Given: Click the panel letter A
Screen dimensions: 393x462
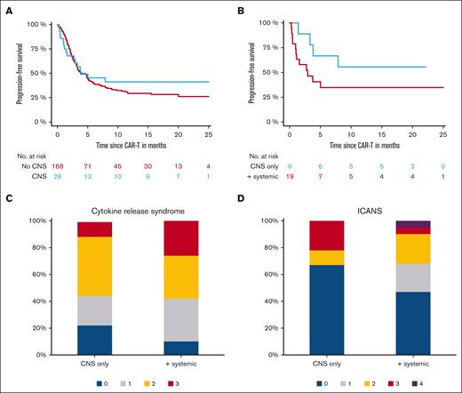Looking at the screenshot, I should coord(8,8).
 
